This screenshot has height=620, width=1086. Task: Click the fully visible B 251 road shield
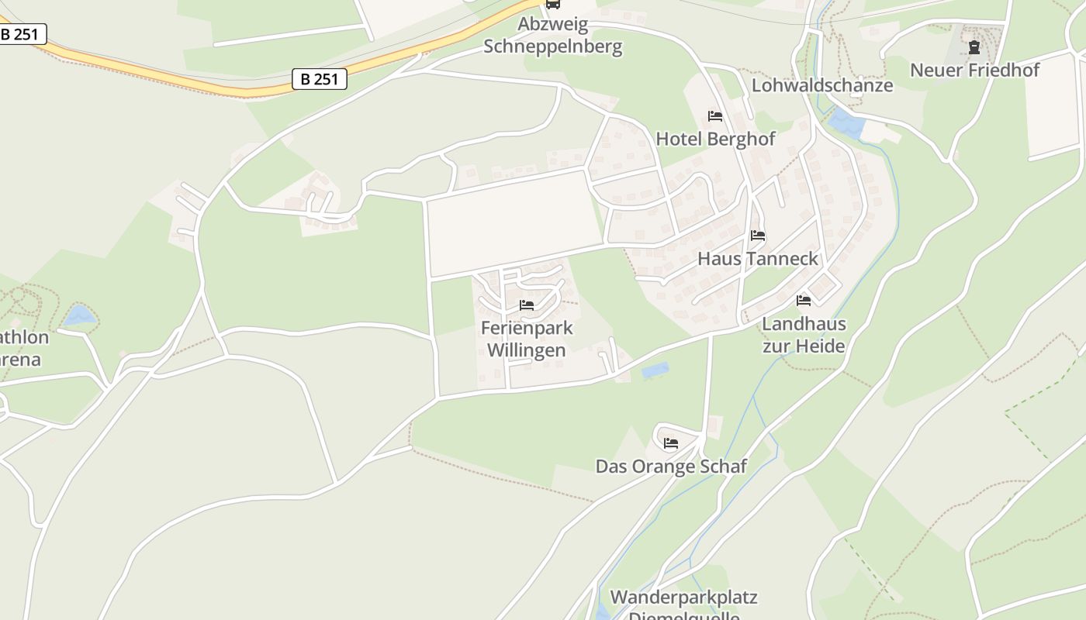[320, 79]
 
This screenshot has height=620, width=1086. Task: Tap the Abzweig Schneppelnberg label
[553, 36]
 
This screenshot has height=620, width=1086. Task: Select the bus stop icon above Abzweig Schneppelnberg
[552, 4]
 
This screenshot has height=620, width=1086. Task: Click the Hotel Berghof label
[715, 139]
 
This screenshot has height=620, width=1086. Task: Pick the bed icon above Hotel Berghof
[715, 116]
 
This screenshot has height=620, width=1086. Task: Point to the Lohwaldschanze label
[822, 85]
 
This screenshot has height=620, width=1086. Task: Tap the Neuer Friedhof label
[974, 70]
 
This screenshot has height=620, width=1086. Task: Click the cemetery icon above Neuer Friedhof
[974, 47]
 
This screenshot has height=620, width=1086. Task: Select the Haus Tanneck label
[758, 258]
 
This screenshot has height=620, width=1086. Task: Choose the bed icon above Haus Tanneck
[758, 236]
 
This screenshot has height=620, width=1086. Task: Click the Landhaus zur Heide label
[804, 335]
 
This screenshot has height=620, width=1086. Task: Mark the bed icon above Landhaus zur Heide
[804, 301]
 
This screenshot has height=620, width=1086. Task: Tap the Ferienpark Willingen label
[527, 339]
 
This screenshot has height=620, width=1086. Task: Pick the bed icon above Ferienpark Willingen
[527, 305]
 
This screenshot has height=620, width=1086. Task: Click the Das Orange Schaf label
[671, 466]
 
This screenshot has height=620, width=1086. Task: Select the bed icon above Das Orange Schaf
[671, 443]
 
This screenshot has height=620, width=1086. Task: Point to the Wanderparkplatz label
[683, 598]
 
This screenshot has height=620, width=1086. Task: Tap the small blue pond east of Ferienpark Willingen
[655, 370]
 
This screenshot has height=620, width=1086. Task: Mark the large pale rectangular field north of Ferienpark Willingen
[514, 223]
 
